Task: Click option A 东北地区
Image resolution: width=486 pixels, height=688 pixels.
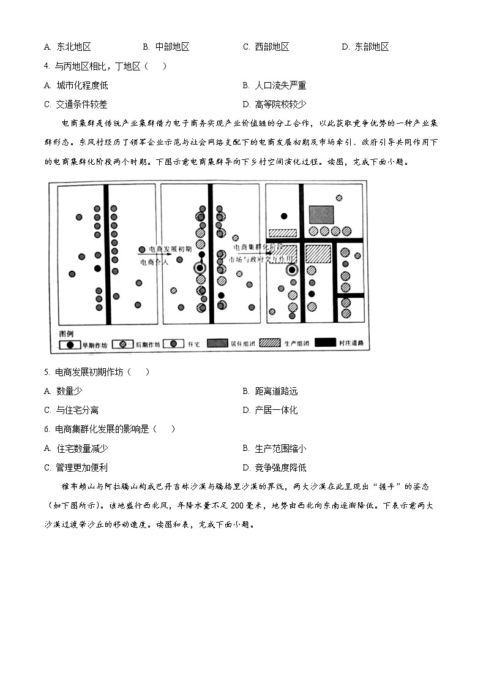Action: [68, 47]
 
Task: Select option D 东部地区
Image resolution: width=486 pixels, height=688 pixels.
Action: [365, 47]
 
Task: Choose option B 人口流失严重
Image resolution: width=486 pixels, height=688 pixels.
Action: [274, 86]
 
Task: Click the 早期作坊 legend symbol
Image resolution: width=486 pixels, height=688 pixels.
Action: [70, 344]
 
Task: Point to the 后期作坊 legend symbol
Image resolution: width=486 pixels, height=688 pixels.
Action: [123, 344]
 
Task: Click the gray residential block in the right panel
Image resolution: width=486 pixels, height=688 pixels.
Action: [321, 214]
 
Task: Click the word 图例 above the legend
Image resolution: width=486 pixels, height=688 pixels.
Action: [65, 334]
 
